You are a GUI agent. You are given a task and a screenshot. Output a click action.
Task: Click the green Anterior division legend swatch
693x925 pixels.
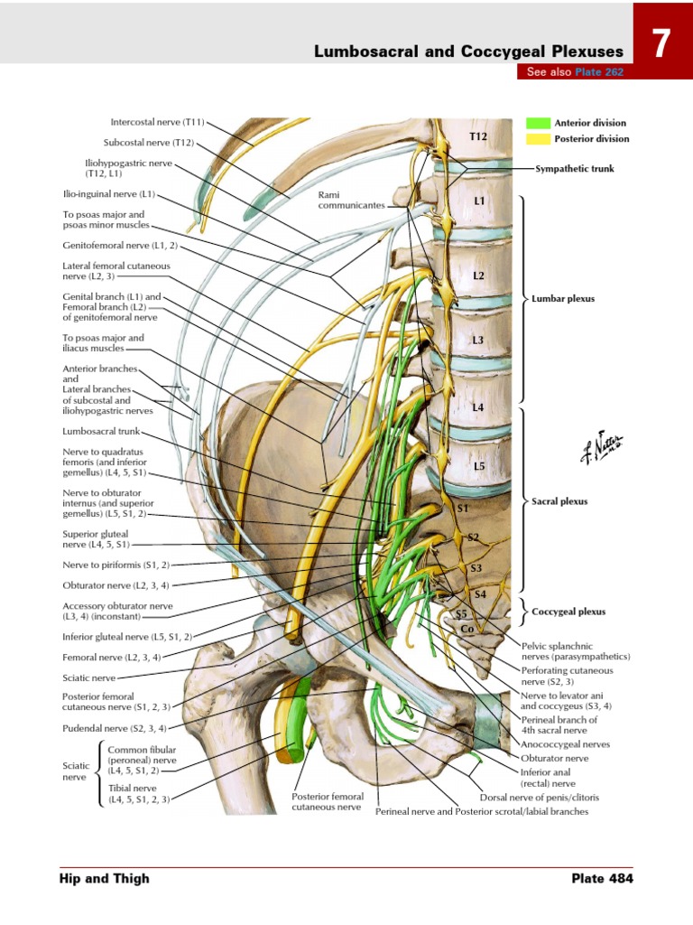pyautogui.click(x=539, y=123)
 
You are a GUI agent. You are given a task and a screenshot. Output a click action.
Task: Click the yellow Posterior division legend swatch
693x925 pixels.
pyautogui.click(x=539, y=139)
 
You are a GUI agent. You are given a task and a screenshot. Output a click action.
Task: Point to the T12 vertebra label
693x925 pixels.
pyautogui.click(x=478, y=136)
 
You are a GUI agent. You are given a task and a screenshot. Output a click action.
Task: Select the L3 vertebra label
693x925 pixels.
pyautogui.click(x=478, y=341)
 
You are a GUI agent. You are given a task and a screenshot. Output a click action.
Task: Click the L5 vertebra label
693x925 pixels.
pyautogui.click(x=479, y=466)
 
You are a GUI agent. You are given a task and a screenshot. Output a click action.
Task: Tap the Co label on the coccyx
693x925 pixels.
pyautogui.click(x=467, y=629)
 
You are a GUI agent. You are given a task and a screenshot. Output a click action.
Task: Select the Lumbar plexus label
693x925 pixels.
pyautogui.click(x=564, y=297)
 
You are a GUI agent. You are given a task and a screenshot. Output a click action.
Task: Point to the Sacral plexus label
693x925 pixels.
pyautogui.click(x=560, y=501)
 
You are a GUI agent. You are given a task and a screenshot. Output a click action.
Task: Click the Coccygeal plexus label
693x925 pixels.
pyautogui.click(x=568, y=612)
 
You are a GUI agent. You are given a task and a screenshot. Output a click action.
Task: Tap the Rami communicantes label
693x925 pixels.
pyautogui.click(x=351, y=200)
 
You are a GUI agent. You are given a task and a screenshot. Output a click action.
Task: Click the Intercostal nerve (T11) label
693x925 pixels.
pyautogui.click(x=158, y=121)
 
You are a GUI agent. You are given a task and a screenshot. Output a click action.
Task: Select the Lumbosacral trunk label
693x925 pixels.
pyautogui.click(x=97, y=432)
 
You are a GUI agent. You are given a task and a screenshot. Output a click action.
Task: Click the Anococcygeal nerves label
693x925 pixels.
pyautogui.click(x=565, y=744)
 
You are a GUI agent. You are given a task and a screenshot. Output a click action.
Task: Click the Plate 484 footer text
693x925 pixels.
pyautogui.click(x=602, y=878)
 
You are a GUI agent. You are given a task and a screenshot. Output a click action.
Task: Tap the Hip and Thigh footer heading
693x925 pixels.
pyautogui.click(x=104, y=878)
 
